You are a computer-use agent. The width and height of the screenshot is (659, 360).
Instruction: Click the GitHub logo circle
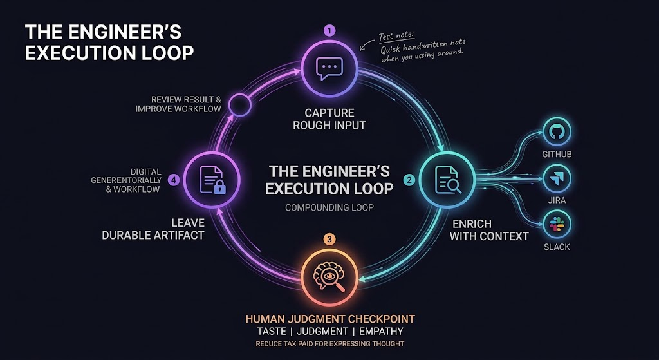click(x=557, y=131)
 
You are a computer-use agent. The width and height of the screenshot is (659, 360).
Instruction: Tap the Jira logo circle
click(x=557, y=178)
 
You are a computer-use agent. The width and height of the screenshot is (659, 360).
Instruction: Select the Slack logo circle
click(x=557, y=224)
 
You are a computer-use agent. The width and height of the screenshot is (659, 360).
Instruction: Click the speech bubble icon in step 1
click(x=329, y=68)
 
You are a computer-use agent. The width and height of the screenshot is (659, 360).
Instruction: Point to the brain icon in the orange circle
click(x=329, y=276)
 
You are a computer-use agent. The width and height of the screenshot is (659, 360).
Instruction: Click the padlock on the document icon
click(x=220, y=187)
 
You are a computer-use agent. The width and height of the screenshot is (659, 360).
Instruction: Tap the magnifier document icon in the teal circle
click(x=448, y=180)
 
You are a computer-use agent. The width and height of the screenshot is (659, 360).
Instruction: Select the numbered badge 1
click(x=329, y=31)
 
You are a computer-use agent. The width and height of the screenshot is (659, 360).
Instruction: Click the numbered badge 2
click(x=409, y=180)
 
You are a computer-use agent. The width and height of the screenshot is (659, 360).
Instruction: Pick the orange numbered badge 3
click(x=329, y=240)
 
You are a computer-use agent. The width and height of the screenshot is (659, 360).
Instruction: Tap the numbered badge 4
click(x=174, y=180)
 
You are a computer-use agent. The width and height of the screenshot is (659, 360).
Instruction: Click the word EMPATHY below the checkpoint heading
click(x=381, y=331)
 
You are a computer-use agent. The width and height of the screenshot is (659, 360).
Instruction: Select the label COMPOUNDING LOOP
click(x=329, y=207)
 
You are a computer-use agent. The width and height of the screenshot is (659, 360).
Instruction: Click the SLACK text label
click(x=557, y=247)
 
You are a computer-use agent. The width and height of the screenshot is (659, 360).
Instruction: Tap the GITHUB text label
click(x=557, y=155)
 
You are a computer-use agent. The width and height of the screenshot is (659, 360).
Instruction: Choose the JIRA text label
click(x=557, y=200)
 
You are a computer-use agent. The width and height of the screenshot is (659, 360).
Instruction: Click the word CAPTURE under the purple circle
click(x=329, y=113)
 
